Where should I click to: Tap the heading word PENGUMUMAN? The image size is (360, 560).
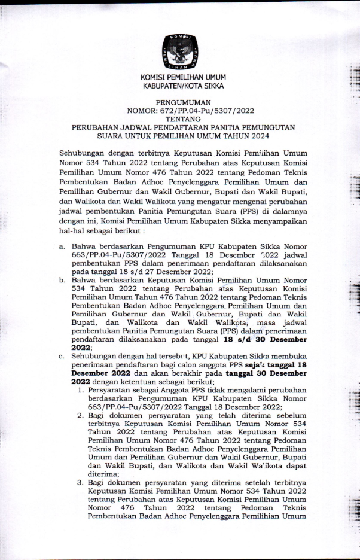tap(179, 103)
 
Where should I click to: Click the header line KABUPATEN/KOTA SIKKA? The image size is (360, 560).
tap(179, 86)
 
